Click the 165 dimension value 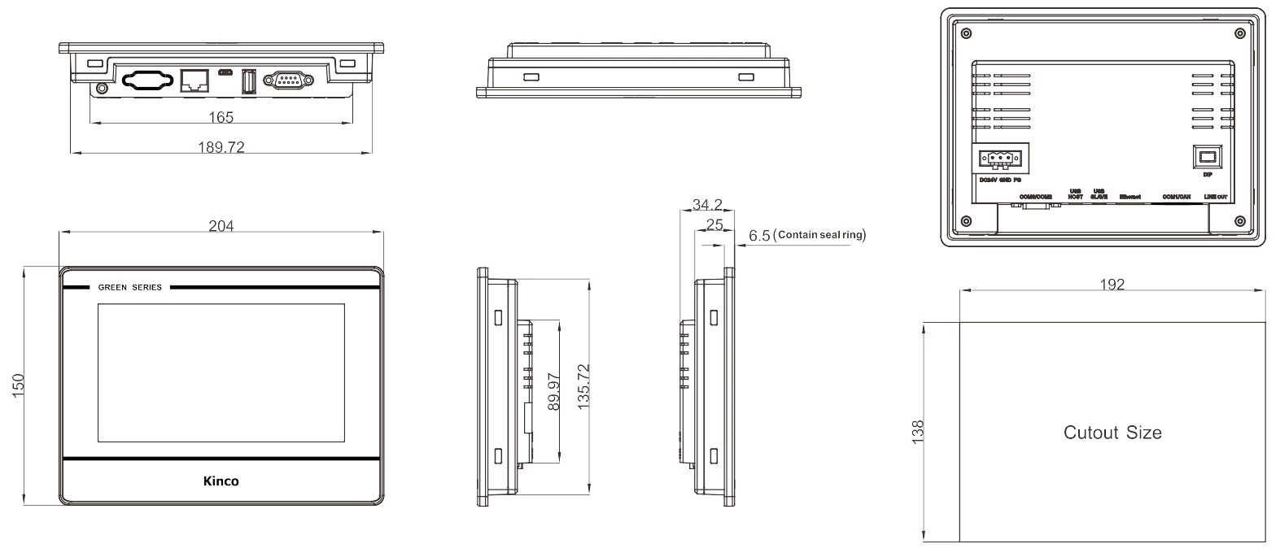point(221,117)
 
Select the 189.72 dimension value point(221,147)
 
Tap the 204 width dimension point(221,226)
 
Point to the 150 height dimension point(18,385)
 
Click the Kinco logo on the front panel point(221,481)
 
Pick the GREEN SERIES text point(129,287)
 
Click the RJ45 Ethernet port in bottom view point(194,79)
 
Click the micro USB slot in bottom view point(224,73)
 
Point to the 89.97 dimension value point(554,391)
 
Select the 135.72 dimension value point(583,386)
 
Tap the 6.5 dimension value point(758,236)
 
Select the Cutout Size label point(1112,433)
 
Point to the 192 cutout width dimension point(1112,285)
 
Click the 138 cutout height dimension point(918,430)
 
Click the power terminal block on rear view point(1000,158)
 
